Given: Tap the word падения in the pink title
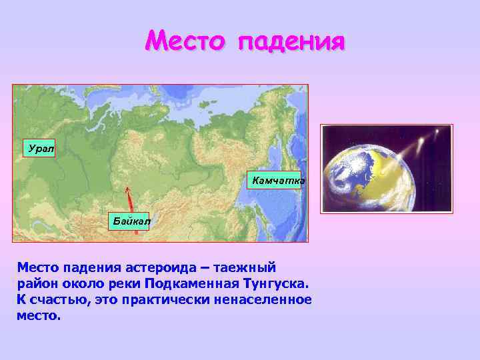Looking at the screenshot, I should pos(291,43).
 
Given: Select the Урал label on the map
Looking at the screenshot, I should pos(39,148).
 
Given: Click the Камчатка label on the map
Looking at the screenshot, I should pos(277,180).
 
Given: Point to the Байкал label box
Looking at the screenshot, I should pos(131,219).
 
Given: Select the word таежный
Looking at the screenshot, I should pos(245,267).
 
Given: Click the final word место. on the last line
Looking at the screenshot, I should pos(38,315).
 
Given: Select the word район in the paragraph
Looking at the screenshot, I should pos(38,283).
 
